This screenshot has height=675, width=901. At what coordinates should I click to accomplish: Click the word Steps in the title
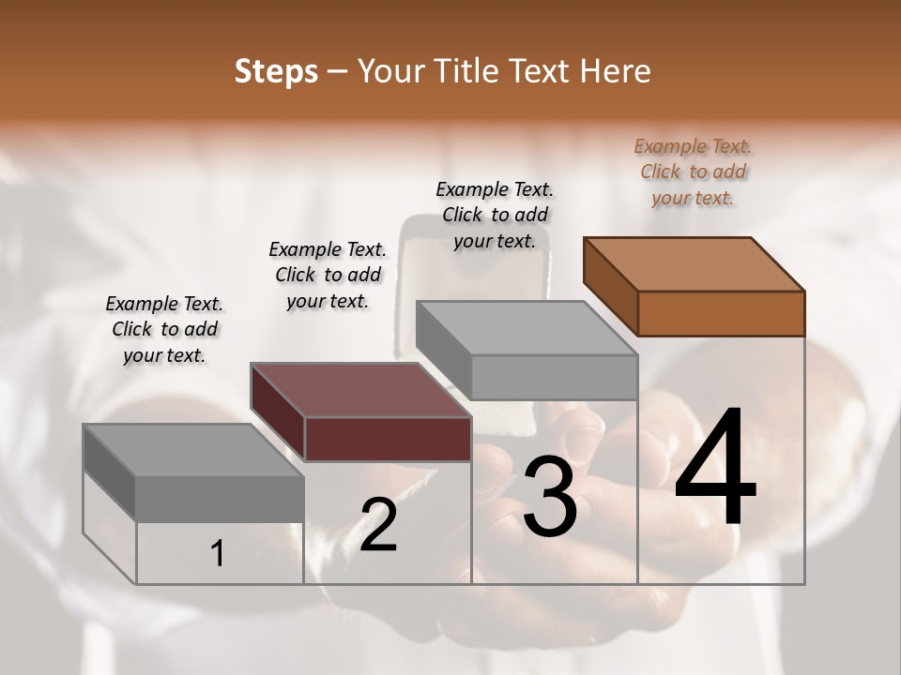(276, 71)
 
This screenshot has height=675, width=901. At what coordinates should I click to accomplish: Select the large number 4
(715, 469)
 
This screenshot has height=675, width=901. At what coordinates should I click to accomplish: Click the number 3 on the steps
(550, 498)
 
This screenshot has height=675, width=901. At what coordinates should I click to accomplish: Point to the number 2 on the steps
(379, 525)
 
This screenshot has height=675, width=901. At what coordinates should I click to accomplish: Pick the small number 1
(218, 554)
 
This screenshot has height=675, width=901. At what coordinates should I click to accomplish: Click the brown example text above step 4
(693, 172)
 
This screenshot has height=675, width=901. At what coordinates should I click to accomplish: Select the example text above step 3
(495, 215)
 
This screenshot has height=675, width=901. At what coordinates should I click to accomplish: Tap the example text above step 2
(328, 275)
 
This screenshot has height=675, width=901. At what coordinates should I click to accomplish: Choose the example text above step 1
(164, 329)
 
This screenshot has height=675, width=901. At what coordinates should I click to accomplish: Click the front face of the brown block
(721, 313)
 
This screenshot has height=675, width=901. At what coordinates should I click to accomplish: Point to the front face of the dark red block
(388, 439)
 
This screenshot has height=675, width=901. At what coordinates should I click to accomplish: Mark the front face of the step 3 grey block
(554, 377)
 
